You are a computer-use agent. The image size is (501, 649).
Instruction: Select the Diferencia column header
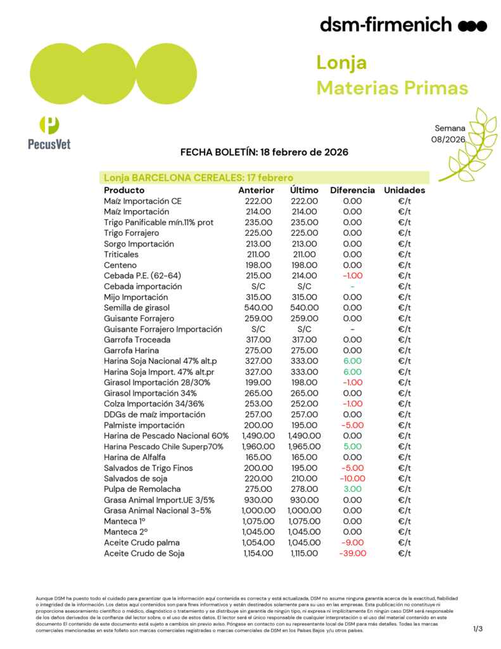pyautogui.click(x=352, y=190)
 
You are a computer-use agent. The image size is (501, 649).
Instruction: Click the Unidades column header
pyautogui.click(x=404, y=190)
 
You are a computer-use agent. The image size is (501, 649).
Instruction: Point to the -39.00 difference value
pyautogui.click(x=352, y=553)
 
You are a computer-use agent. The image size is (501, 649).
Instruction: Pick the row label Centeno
pyautogui.click(x=120, y=265)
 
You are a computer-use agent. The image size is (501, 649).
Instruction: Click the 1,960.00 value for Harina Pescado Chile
pyautogui.click(x=257, y=447)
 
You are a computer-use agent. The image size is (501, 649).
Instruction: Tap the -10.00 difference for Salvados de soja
pyautogui.click(x=352, y=479)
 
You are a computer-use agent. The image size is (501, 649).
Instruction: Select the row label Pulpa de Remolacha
pyautogui.click(x=142, y=489)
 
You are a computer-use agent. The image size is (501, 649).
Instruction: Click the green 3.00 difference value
pyautogui.click(x=352, y=489)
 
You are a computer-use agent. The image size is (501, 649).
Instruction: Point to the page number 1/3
pyautogui.click(x=478, y=629)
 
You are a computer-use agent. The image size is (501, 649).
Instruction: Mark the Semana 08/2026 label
pyautogui.click(x=448, y=134)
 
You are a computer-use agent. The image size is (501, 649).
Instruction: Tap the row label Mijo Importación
pyautogui.click(x=136, y=297)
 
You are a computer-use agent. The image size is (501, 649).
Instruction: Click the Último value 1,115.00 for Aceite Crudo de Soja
pyautogui.click(x=303, y=553)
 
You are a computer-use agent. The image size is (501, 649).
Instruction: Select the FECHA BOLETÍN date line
pyautogui.click(x=264, y=153)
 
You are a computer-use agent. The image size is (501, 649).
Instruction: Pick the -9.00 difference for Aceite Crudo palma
pyautogui.click(x=352, y=543)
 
